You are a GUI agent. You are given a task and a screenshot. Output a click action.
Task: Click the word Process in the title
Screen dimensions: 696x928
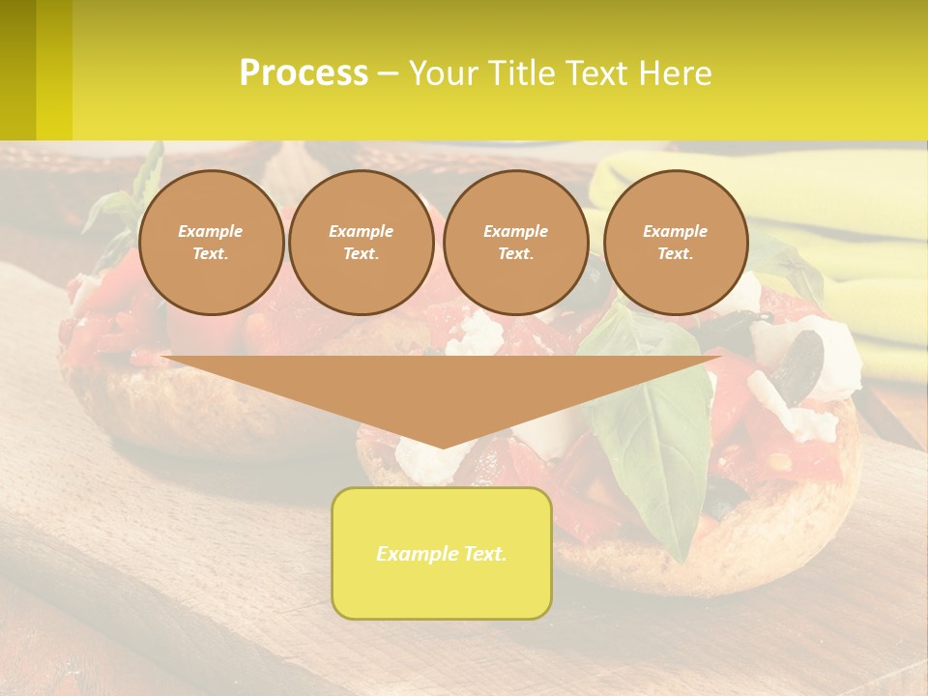tap(304, 73)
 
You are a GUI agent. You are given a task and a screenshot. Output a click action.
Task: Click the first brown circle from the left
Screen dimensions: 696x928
tap(211, 242)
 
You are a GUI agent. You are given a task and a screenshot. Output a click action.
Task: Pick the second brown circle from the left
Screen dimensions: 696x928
tap(362, 242)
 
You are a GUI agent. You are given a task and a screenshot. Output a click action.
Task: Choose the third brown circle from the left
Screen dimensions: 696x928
tap(515, 242)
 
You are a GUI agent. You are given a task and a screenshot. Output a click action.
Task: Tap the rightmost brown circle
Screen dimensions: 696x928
tap(676, 242)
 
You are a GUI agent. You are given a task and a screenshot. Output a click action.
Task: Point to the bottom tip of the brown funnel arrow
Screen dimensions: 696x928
tap(442, 447)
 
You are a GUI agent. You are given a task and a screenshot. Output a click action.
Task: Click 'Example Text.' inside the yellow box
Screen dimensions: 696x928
tap(442, 554)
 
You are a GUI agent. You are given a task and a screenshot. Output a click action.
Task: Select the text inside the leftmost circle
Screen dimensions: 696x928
tap(211, 242)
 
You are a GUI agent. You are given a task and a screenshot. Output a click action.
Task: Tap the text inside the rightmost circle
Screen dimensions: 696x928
tap(676, 242)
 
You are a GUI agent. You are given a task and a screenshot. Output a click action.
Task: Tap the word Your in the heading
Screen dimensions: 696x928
tap(444, 73)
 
